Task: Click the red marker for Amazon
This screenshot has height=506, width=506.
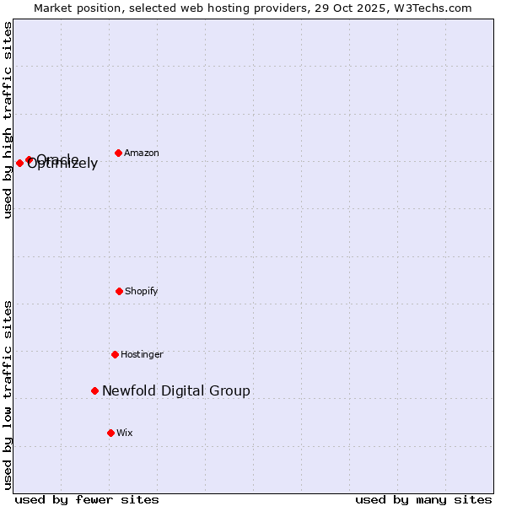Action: click(119, 153)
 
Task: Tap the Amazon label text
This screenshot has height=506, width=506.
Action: click(142, 153)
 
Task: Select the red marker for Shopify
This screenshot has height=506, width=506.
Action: click(119, 291)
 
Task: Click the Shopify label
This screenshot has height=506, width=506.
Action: click(142, 292)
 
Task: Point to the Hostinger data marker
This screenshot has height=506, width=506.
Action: click(115, 354)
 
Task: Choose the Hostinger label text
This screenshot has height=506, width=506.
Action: click(142, 355)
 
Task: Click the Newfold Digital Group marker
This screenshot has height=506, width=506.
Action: click(95, 390)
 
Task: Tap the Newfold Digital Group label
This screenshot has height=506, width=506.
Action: click(176, 390)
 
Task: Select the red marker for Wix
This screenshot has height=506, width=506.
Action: click(110, 433)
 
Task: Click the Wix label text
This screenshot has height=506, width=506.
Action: click(125, 433)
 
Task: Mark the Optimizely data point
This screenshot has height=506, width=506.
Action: click(19, 163)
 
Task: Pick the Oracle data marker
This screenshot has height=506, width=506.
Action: click(29, 159)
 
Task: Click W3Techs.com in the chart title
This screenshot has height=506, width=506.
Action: click(436, 8)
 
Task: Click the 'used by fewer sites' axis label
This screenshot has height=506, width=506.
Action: click(87, 499)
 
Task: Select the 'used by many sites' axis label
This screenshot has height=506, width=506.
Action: click(423, 499)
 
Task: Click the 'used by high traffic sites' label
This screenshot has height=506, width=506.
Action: click(8, 120)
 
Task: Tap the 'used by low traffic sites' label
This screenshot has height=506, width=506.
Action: click(8, 395)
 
